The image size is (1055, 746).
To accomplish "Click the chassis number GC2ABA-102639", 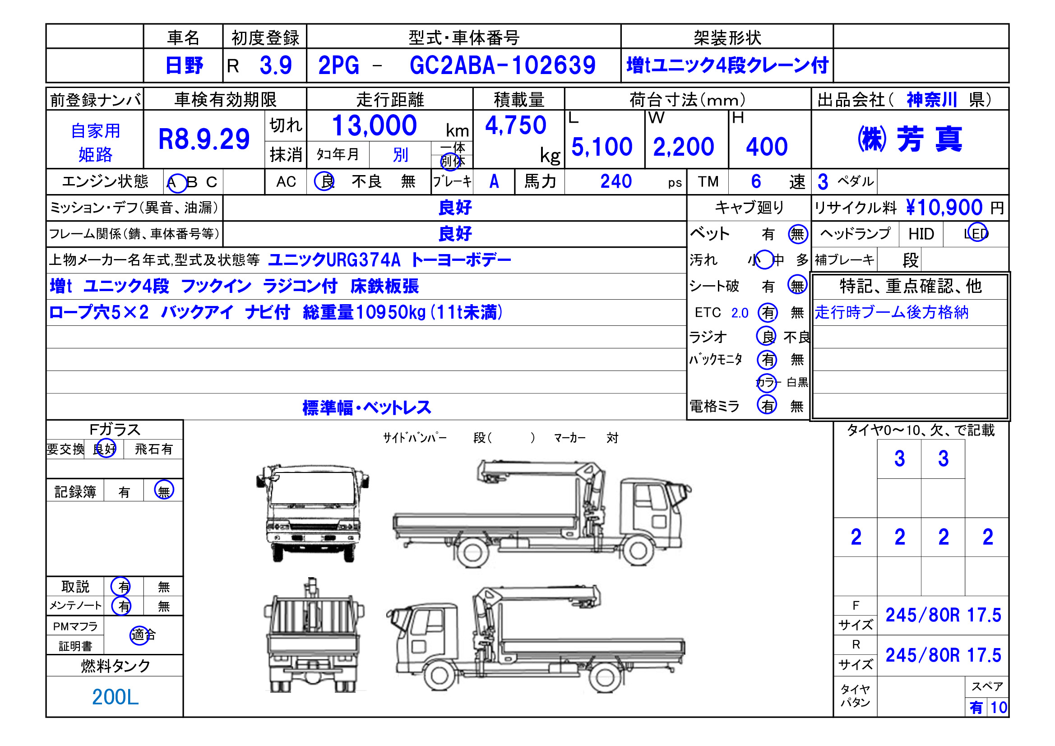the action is [502, 65].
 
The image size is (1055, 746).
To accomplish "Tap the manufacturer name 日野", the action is [184, 65].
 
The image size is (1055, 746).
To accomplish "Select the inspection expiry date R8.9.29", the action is [204, 139].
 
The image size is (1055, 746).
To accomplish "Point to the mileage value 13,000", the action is [374, 125].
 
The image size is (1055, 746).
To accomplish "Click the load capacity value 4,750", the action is [516, 125].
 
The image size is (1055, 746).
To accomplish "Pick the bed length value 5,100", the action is [602, 147].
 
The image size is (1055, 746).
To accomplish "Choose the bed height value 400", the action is [767, 147].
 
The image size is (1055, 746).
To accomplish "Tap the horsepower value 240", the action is [616, 181].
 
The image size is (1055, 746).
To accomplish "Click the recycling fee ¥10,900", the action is [944, 207].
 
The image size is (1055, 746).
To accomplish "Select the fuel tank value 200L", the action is [115, 697].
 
